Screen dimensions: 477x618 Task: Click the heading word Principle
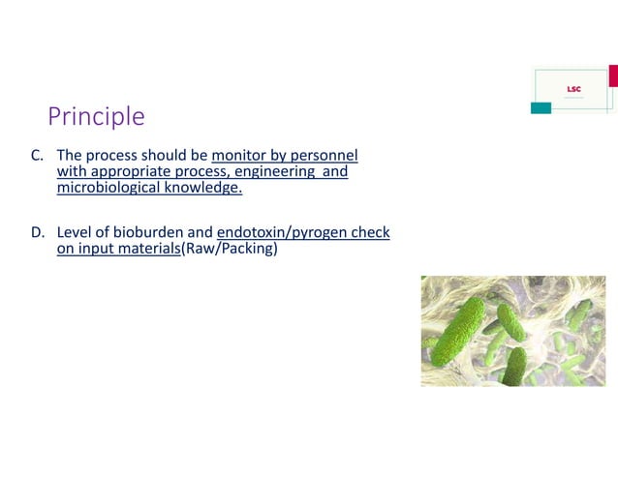click(x=96, y=117)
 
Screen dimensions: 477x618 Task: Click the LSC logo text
click(x=573, y=90)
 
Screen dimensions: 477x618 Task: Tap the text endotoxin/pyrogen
click(x=282, y=233)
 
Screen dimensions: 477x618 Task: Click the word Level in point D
click(x=75, y=233)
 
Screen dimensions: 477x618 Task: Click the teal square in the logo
click(x=541, y=107)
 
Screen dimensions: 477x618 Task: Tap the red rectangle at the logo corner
click(x=612, y=75)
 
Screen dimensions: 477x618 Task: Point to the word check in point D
click(x=370, y=233)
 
